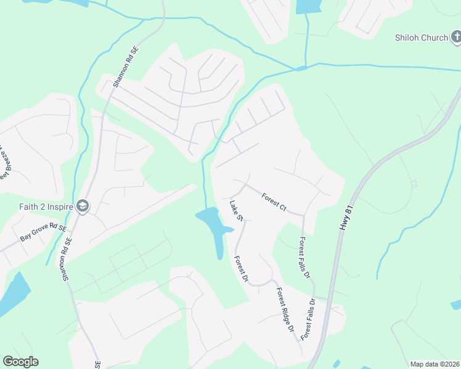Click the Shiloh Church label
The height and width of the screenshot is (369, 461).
point(422,38)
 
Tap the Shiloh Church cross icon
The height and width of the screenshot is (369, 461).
point(455,38)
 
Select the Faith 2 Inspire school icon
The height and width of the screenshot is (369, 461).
point(82,207)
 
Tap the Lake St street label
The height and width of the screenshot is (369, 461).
point(237,210)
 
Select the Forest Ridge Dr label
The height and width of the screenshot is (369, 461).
point(285,310)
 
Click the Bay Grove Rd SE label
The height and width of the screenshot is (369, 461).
point(43,232)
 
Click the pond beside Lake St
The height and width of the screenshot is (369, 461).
point(211,224)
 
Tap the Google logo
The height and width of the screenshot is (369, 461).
point(20,362)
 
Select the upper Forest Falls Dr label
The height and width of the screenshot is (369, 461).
point(304,258)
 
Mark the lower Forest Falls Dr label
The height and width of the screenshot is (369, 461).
point(309,322)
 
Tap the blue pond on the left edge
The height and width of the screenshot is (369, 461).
point(12,293)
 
